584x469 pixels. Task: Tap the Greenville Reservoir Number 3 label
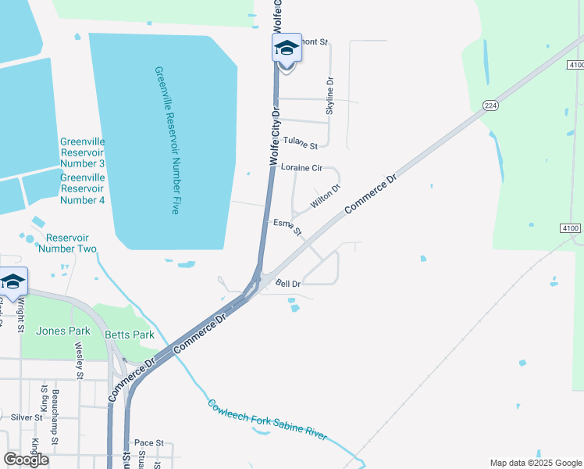[82, 152]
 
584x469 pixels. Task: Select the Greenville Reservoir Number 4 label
[82, 188]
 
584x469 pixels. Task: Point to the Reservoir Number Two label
[71, 243]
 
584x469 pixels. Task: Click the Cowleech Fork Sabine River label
[267, 419]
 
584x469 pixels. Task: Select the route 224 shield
[490, 106]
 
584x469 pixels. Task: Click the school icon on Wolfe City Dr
[287, 48]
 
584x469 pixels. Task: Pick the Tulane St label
[301, 144]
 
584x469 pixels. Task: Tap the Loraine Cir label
[301, 167]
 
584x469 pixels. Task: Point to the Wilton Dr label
[326, 195]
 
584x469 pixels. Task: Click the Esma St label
[287, 227]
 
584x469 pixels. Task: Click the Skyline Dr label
[329, 96]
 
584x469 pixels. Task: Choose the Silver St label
[27, 417]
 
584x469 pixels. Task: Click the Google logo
[26, 459]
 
